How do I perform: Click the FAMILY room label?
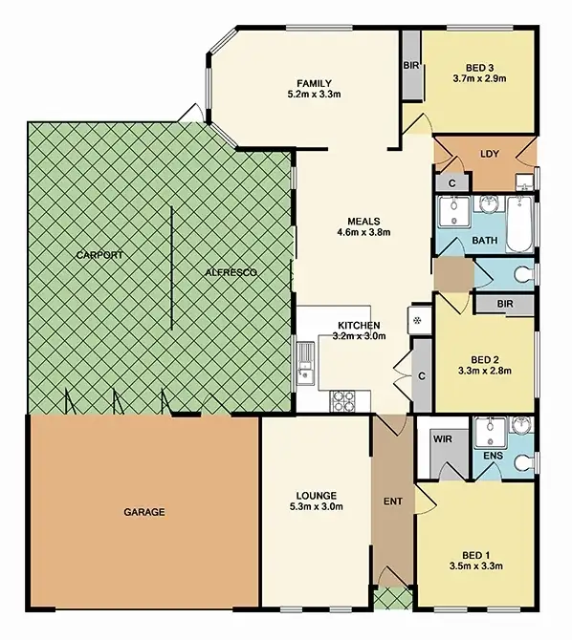313,82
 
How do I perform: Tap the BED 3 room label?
480,66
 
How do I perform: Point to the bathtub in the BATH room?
518,224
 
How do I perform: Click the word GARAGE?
143,512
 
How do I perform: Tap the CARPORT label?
101,255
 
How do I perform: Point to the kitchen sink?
305,363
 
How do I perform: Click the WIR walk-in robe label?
443,440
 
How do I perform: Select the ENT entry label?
392,500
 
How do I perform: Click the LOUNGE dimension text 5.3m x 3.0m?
315,507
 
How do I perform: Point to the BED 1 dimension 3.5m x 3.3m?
476,565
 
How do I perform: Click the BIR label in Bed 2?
508,305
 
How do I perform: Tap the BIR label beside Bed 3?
410,66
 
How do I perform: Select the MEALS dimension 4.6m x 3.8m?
363,232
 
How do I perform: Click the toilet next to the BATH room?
521,274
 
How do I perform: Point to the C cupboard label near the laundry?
451,181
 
